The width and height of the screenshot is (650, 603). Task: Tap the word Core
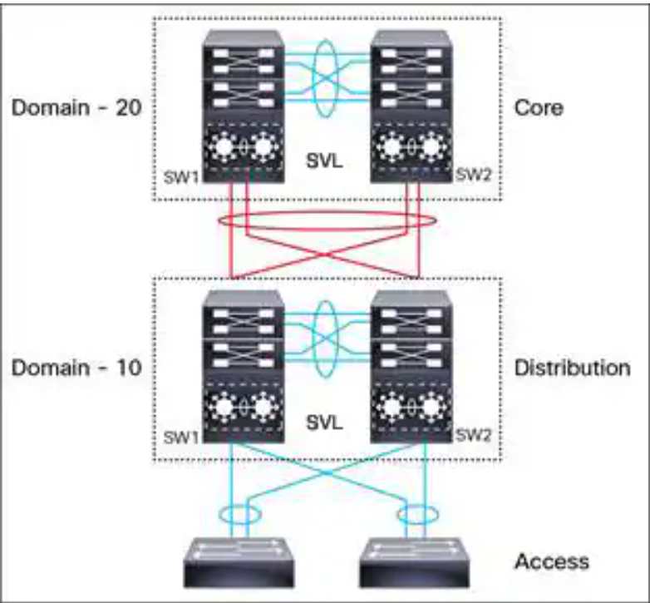pos(538,108)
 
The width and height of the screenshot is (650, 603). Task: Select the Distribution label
pos(572,367)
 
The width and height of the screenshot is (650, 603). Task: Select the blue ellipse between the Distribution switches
pos(325,333)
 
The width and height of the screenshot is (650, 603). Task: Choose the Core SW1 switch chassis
pos(242,108)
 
